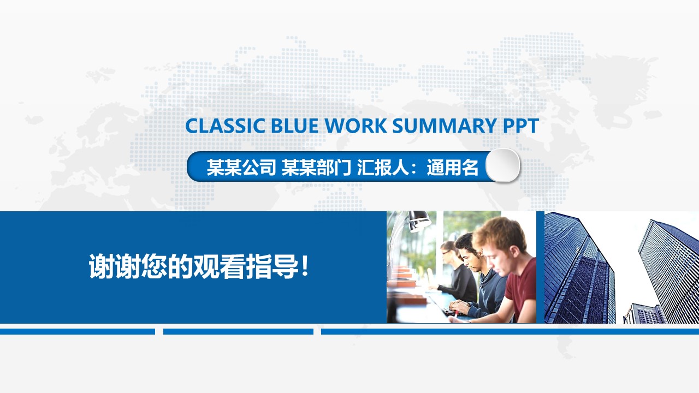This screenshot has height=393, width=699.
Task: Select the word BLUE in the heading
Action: [295, 126]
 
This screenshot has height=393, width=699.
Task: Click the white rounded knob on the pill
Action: [502, 165]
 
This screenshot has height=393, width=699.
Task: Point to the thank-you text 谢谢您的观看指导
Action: [194, 267]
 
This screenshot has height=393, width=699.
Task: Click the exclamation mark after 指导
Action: [305, 267]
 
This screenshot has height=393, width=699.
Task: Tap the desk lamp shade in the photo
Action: [419, 219]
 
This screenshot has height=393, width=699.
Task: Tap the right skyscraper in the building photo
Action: [669, 262]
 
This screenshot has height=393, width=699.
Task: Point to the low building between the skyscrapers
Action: [642, 314]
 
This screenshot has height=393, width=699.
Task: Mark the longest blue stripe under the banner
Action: [510, 331]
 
